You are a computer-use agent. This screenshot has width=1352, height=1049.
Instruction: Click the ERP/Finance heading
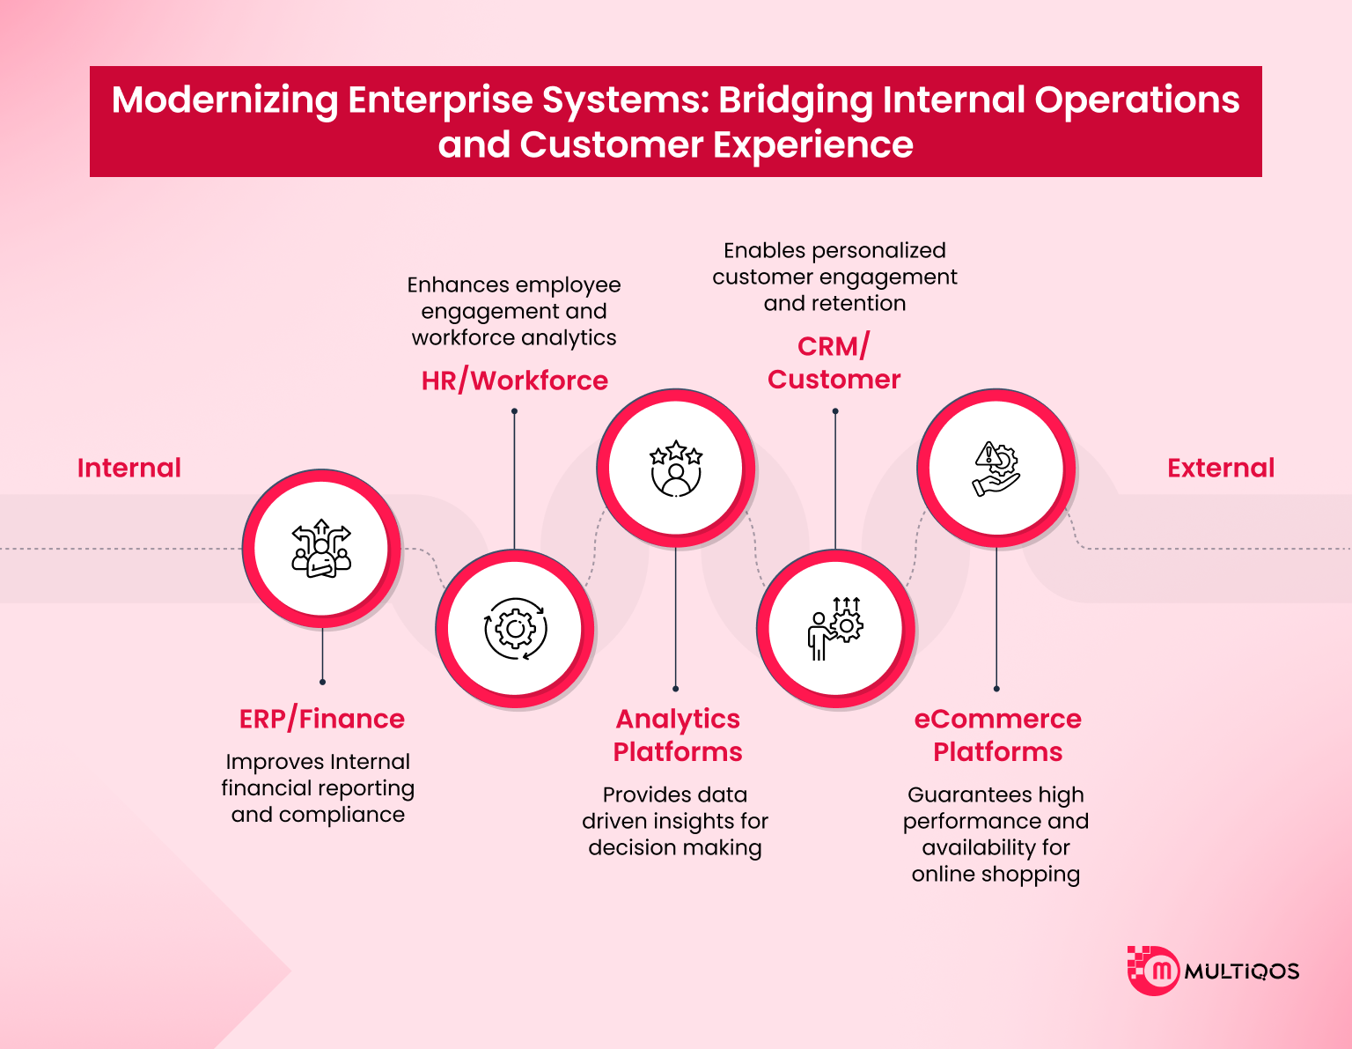point(322,719)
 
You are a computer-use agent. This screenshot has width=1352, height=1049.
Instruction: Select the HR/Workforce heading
point(515,380)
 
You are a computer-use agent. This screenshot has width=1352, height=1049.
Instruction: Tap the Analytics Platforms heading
point(678,735)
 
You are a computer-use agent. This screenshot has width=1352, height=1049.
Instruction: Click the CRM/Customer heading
point(834,363)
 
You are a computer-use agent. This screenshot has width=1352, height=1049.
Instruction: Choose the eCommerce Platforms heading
point(997,735)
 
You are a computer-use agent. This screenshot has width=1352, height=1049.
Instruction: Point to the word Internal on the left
point(129,468)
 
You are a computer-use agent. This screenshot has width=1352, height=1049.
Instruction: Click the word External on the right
point(1221,468)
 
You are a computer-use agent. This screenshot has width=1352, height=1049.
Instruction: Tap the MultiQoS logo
point(1213,971)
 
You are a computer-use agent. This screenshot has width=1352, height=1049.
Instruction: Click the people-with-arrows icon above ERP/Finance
point(321,548)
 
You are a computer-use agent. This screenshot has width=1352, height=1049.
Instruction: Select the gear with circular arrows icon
point(515,629)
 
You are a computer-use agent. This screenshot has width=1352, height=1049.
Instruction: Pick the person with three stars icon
point(676,468)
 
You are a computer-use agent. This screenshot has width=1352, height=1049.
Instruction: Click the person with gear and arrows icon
point(835,629)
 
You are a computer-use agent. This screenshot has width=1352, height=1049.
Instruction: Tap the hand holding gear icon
point(996,468)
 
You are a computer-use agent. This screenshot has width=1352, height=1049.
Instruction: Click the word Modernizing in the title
point(224,100)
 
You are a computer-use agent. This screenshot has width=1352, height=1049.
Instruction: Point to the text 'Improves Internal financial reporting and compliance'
point(318,788)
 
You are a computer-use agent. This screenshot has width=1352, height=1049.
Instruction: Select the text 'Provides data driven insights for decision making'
point(675,821)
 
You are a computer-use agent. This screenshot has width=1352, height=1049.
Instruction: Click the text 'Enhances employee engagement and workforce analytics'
point(514,311)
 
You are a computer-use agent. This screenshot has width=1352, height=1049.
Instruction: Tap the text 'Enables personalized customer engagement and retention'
point(834,277)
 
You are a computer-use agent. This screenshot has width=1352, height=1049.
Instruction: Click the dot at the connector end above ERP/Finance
point(323,682)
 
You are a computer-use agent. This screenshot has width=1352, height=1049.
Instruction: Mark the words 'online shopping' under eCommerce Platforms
point(996,874)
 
